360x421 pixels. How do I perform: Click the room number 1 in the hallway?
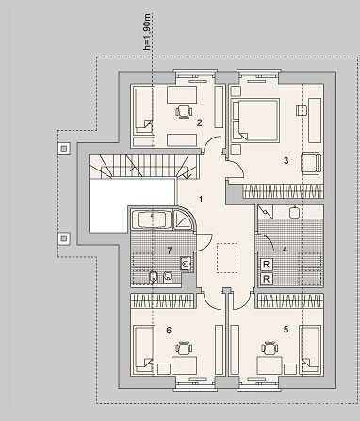point(201,200)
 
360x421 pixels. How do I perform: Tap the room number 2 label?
point(199,122)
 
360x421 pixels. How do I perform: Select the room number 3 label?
point(286,160)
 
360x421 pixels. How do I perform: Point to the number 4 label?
point(285,250)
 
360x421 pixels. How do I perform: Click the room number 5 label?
point(286,330)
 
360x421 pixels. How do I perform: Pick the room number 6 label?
point(169,331)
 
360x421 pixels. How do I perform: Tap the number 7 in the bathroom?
point(170,251)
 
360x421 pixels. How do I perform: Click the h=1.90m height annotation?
point(147,32)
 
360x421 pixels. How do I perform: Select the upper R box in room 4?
point(267,265)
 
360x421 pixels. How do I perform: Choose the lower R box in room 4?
point(267,279)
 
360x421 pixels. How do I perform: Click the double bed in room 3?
point(255,120)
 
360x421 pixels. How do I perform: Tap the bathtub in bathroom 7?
point(152,219)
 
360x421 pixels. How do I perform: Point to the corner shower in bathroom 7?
point(184,219)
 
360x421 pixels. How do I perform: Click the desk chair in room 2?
point(184,111)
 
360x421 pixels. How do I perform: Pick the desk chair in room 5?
point(270,348)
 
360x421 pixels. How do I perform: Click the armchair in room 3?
point(311,163)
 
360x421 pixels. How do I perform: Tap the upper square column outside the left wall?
point(64,148)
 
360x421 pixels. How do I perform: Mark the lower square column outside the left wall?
point(64,239)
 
